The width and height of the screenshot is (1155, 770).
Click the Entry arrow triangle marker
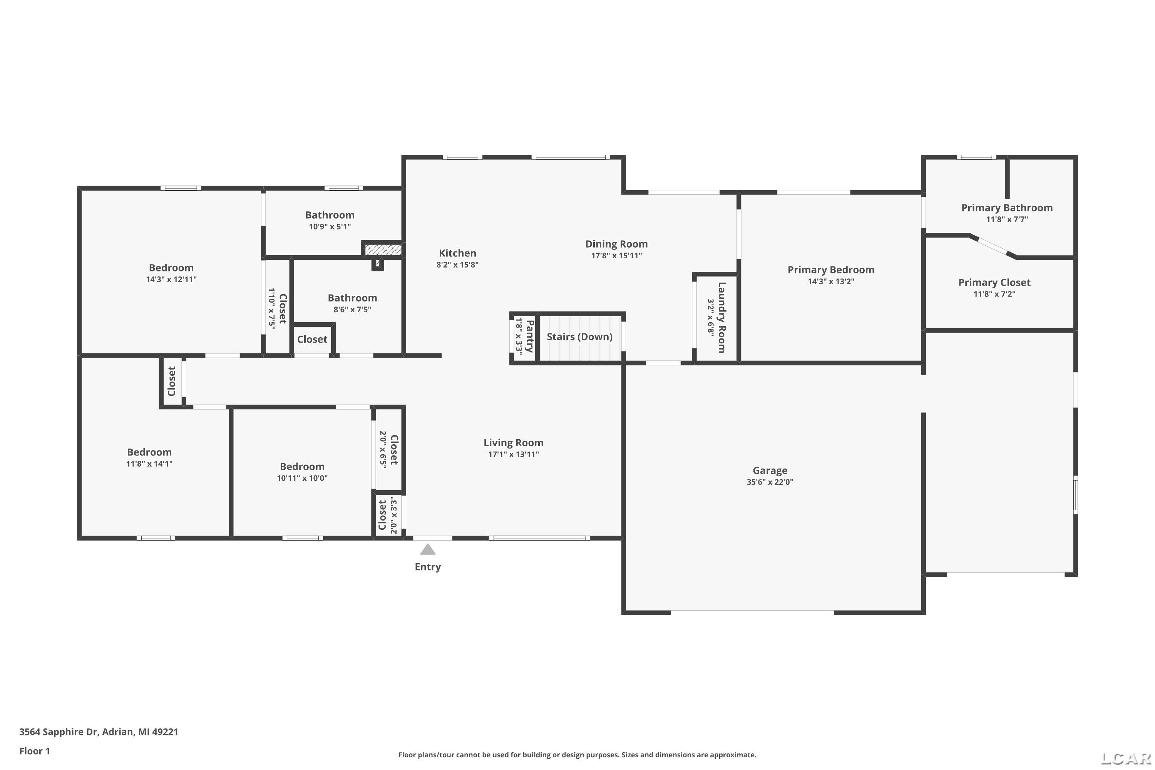point(428,549)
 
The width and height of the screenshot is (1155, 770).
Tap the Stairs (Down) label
point(579,337)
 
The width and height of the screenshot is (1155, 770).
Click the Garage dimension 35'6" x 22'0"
point(770,482)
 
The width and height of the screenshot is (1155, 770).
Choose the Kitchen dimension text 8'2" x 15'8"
point(457,265)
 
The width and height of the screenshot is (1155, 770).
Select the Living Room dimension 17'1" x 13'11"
point(513,454)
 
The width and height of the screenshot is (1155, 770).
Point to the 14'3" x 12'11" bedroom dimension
point(171,280)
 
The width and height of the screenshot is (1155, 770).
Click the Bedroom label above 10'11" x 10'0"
point(302,467)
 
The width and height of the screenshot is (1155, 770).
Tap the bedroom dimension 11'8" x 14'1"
point(149,464)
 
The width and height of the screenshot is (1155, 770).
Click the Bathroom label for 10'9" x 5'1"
point(330,215)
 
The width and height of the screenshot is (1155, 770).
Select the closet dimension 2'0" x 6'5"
point(383,449)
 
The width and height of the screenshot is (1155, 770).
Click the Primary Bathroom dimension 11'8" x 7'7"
point(1007,219)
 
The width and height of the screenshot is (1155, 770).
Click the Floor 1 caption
point(34,751)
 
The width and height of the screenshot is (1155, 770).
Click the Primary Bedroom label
point(830,269)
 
